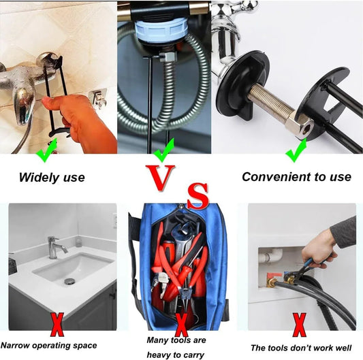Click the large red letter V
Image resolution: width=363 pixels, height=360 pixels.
[160, 177]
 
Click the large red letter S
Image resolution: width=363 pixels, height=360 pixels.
[198, 196]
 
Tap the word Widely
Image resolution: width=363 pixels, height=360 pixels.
[39, 178]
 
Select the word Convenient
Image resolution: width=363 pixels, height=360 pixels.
[277, 177]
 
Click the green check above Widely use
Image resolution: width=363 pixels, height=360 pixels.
[47, 150]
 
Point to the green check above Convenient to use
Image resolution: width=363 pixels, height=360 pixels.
[297, 150]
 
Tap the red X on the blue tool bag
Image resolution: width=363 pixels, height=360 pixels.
[181, 325]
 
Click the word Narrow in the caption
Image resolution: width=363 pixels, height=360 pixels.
[15, 346]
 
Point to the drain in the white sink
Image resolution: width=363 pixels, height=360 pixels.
[69, 281]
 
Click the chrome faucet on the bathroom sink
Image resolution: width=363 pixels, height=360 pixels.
[55, 247]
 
